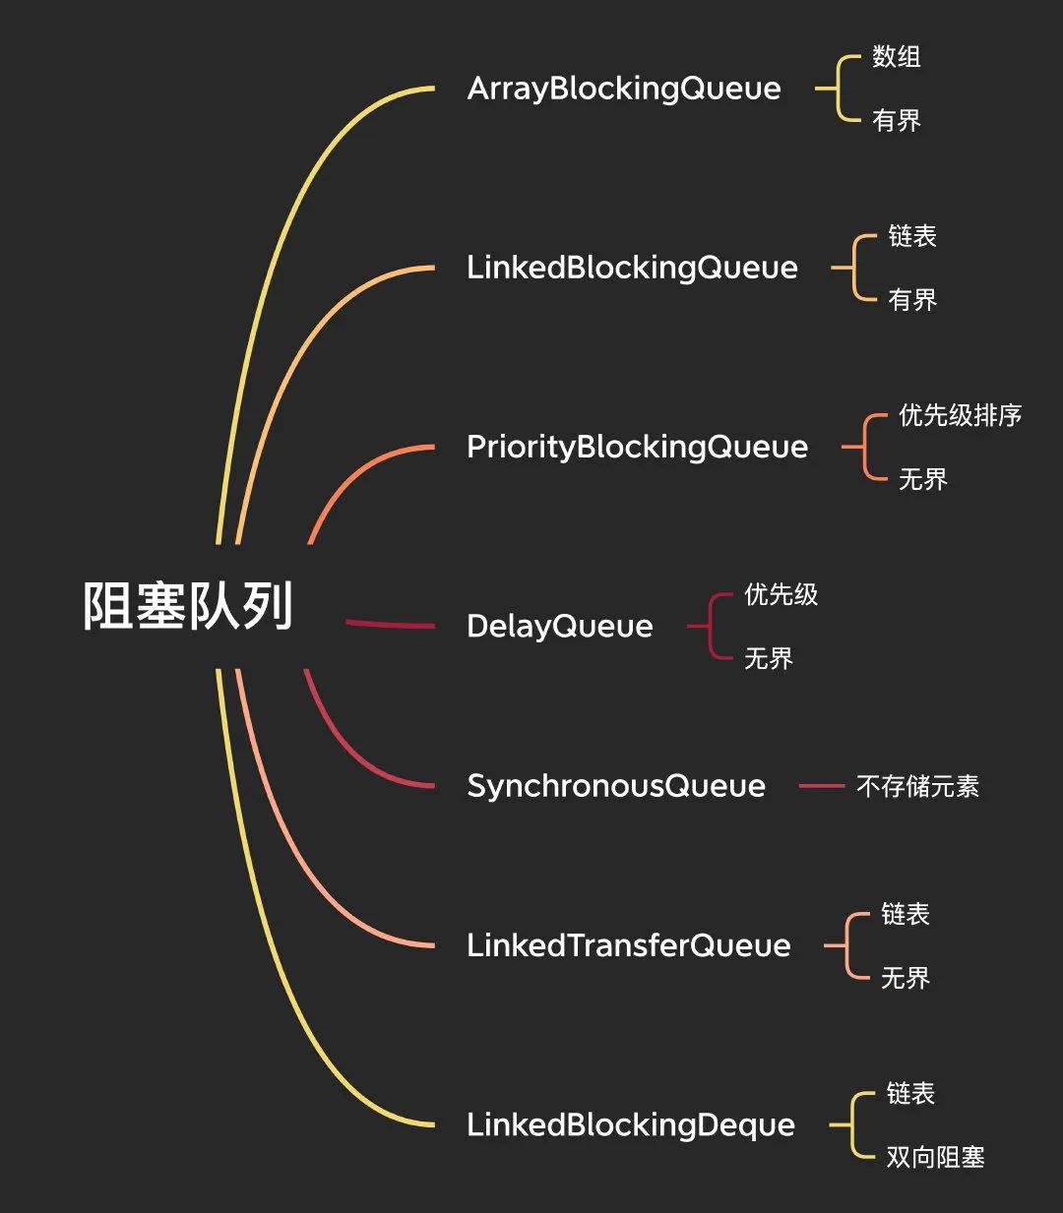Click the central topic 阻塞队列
[x=188, y=605]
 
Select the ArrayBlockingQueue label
[x=624, y=89]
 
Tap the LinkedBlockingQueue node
[x=632, y=268]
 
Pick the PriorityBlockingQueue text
[x=637, y=447]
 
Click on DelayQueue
[x=559, y=626]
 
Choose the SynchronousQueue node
[x=615, y=786]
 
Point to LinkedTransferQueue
[x=628, y=945]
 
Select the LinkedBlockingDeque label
[x=630, y=1124]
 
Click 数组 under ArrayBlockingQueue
[x=896, y=57]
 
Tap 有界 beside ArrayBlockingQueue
[x=896, y=121]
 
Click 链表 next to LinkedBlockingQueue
[x=911, y=236]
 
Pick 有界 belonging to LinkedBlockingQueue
[x=911, y=300]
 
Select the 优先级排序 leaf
[x=960, y=415]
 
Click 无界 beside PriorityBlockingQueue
[x=922, y=479]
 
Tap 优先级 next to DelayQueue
[x=781, y=594]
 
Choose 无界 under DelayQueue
[x=768, y=658]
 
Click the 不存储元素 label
[x=917, y=786]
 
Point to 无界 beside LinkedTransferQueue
[x=905, y=978]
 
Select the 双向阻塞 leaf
[x=935, y=1157]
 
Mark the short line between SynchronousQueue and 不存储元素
[x=821, y=786]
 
